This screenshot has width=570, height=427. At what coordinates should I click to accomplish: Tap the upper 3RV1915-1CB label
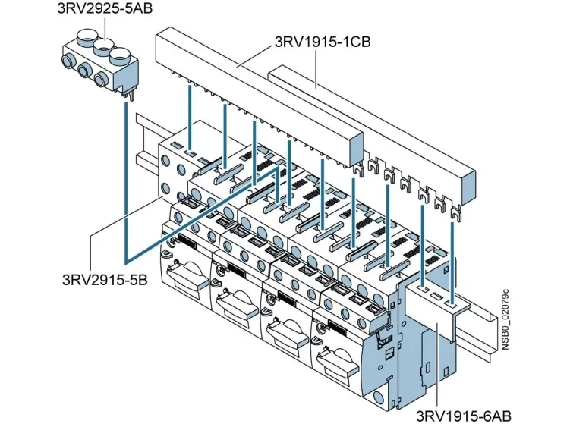(322, 42)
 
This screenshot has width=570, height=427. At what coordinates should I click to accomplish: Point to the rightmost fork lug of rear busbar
(456, 217)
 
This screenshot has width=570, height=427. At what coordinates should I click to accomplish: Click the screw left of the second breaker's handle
(220, 265)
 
